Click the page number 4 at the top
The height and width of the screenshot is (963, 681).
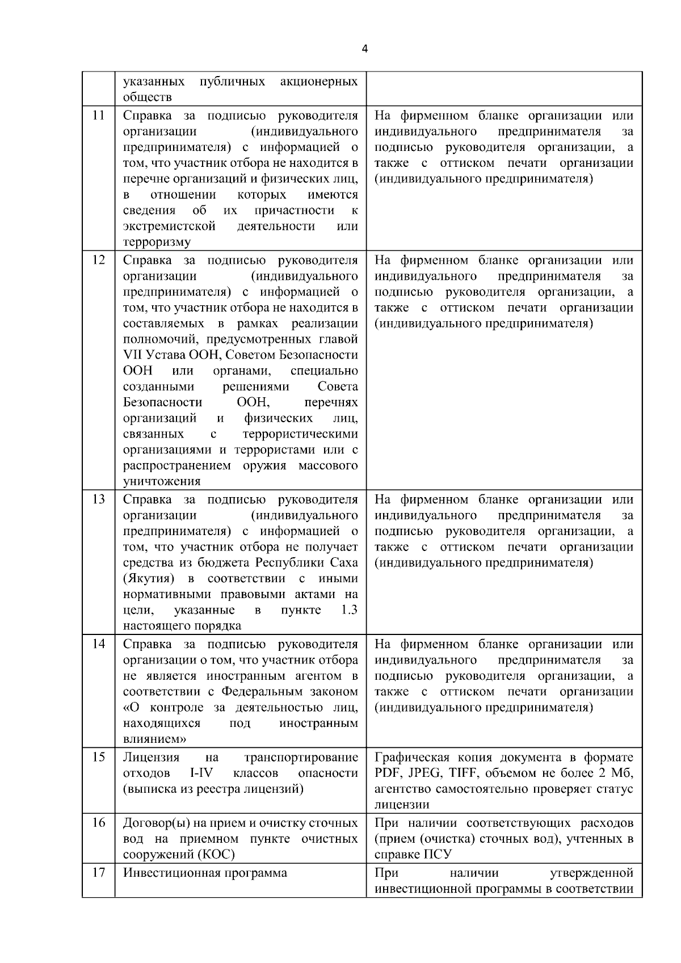click(364, 49)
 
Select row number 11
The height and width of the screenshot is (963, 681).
click(98, 116)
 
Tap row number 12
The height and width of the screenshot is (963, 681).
click(98, 260)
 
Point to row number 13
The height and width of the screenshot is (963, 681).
click(98, 500)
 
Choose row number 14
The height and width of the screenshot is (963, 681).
click(98, 645)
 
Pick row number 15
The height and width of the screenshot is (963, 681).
click(98, 758)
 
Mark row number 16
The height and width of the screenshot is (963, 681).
click(98, 823)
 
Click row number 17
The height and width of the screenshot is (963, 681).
click(98, 873)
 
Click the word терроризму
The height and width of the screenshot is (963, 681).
click(157, 242)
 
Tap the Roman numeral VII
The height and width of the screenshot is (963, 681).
click(133, 355)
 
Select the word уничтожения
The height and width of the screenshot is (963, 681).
click(162, 482)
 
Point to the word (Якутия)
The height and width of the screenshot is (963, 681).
click(147, 579)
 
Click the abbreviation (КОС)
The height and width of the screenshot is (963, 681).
click(216, 855)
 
